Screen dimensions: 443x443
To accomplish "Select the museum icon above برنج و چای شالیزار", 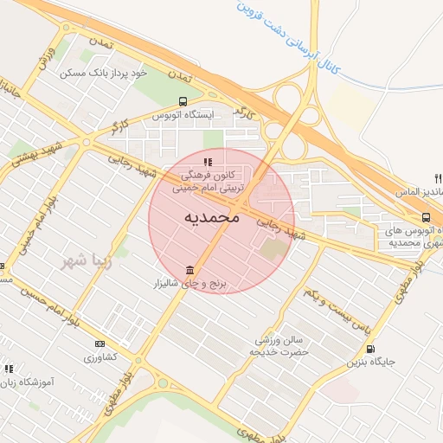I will pos(189,272).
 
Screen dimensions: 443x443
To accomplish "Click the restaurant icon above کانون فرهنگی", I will pos(207,162).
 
